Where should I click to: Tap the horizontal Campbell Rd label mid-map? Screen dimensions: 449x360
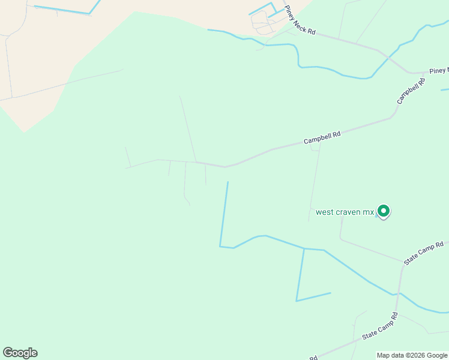pos(322,137)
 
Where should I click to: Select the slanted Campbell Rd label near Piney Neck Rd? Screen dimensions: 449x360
pos(410,91)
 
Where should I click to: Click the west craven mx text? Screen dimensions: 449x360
pos(345,212)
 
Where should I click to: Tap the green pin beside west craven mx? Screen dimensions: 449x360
pos(383,211)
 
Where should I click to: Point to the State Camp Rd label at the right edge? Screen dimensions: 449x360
pos(424,253)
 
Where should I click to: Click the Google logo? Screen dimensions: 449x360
pos(20,353)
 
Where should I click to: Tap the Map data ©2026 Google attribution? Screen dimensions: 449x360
pos(412,355)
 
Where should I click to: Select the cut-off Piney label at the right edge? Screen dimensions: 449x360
pos(439,71)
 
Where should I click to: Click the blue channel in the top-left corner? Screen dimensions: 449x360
pos(63,10)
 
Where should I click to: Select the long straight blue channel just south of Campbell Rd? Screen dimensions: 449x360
pos(224,213)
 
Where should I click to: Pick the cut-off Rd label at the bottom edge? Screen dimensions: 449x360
pos(313,357)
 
